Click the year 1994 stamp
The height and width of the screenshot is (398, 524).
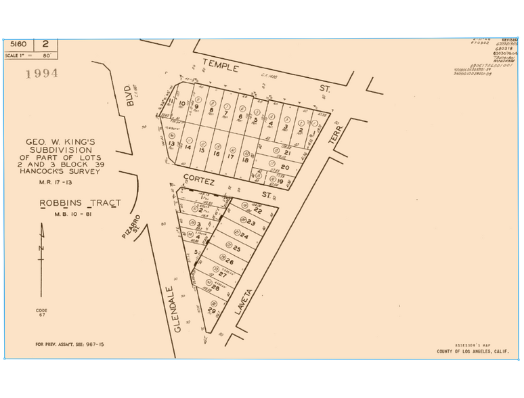coord(41,73)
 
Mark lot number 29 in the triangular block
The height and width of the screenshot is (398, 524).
coord(211,311)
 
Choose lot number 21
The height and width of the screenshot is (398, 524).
coord(287,152)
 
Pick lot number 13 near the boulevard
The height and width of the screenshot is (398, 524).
coord(172,144)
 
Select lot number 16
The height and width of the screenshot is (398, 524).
coord(217,153)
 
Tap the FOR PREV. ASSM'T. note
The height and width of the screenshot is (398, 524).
coord(70,345)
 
